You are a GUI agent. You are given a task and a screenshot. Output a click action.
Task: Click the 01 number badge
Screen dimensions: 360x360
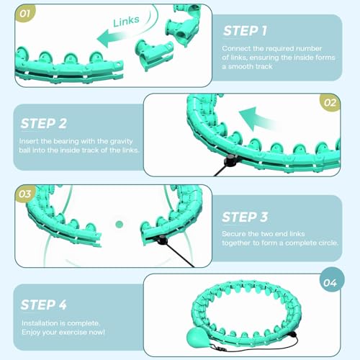(x=24, y=14)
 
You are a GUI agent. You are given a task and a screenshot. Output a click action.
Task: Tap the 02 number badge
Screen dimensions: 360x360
(x=330, y=102)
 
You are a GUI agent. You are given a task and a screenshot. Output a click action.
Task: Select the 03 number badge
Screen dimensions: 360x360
(x=24, y=194)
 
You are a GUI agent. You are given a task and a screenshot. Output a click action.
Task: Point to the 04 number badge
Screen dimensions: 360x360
(x=330, y=283)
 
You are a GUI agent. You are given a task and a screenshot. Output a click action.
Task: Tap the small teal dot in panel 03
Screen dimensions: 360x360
(x=120, y=224)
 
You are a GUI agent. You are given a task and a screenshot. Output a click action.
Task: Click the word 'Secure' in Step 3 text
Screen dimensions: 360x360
(x=235, y=233)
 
